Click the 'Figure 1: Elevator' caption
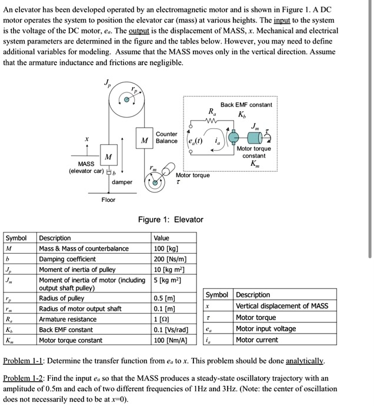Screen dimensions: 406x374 click(x=170, y=219)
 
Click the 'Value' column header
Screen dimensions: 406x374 click(x=161, y=238)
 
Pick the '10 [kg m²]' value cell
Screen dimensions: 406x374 click(x=168, y=269)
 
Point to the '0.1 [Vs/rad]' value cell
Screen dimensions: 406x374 click(x=171, y=330)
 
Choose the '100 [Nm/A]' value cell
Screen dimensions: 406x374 click(x=170, y=340)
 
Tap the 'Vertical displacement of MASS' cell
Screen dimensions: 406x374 click(x=282, y=306)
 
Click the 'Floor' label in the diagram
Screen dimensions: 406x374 click(x=108, y=200)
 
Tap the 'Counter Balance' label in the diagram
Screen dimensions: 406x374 click(x=166, y=138)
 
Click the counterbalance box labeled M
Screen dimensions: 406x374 click(x=144, y=140)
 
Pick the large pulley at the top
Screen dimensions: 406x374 click(x=126, y=101)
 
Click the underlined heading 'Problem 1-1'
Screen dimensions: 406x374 click(x=25, y=360)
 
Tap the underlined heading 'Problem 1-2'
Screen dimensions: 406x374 click(x=25, y=378)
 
